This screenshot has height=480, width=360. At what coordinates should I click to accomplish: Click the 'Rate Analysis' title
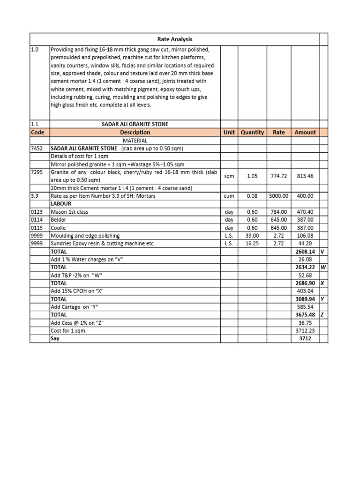tap(174, 39)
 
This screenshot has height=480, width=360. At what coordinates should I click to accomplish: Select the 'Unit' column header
tap(229, 133)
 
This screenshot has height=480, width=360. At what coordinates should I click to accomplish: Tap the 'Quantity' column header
tap(252, 133)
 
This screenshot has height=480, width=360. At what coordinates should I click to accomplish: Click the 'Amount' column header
tap(305, 133)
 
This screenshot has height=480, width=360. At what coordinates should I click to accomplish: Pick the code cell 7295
tap(37, 172)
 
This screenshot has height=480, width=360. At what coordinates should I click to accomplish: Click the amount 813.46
tap(305, 176)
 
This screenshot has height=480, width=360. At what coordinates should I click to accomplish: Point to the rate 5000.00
tap(278, 196)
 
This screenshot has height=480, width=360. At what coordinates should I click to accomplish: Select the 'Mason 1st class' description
tap(69, 212)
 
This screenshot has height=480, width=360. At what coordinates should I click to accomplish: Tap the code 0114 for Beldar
tap(37, 220)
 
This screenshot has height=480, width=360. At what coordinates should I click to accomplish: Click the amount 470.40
tap(305, 212)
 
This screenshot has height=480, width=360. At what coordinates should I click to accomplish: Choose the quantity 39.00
tap(252, 236)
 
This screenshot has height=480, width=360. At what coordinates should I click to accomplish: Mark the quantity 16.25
tap(252, 244)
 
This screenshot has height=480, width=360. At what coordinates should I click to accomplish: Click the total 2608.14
tap(305, 252)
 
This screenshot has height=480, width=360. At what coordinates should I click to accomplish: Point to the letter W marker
tap(323, 268)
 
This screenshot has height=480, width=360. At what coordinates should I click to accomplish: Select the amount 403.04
tap(305, 291)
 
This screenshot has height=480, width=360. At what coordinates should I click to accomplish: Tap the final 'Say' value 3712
tap(305, 338)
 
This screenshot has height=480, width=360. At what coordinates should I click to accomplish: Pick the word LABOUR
tap(61, 204)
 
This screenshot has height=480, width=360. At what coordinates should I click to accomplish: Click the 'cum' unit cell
tap(229, 196)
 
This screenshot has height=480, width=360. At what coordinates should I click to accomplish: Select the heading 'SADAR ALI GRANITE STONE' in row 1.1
tap(135, 124)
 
